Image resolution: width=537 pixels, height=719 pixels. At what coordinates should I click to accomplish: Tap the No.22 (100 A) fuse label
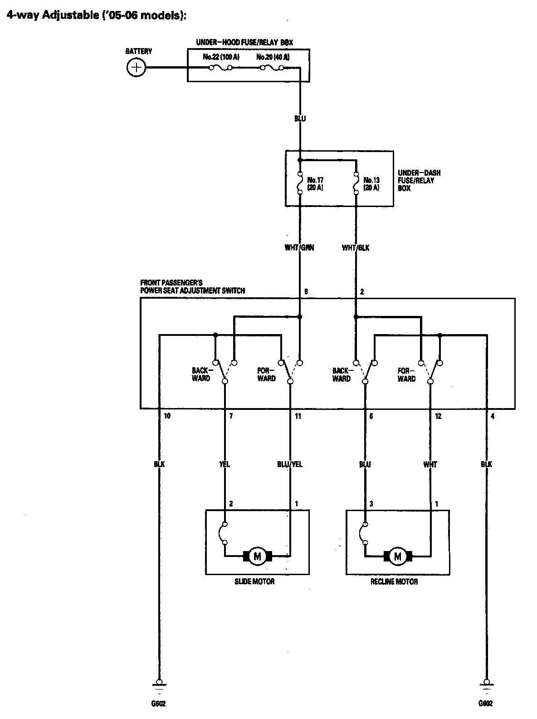[x=221, y=57]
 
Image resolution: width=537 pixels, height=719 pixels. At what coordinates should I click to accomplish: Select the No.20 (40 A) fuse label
[x=273, y=57]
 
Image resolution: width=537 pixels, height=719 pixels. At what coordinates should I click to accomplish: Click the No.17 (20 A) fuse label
[x=315, y=183]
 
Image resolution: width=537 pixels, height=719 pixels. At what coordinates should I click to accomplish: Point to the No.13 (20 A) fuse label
[x=371, y=183]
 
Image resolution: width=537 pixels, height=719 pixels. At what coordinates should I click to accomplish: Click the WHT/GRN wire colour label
[x=299, y=248]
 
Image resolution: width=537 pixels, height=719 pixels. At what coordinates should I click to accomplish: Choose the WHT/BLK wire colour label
[x=356, y=248]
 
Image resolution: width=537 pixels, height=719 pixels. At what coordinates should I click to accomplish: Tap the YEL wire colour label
[x=225, y=464]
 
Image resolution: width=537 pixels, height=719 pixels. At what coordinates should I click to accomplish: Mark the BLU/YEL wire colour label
[x=290, y=464]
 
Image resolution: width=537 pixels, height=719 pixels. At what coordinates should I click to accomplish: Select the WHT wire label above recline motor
[x=430, y=464]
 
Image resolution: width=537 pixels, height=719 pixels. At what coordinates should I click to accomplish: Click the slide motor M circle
[x=257, y=556]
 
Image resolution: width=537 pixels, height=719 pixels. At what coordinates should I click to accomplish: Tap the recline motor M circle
[x=398, y=556]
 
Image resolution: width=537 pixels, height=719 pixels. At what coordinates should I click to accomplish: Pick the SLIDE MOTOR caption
[x=254, y=581]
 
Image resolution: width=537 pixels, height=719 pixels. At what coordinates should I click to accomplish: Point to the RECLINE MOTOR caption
[x=394, y=581]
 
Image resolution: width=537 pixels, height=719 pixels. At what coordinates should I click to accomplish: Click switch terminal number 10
[x=167, y=416]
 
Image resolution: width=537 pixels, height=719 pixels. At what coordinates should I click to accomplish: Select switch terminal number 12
[x=438, y=416]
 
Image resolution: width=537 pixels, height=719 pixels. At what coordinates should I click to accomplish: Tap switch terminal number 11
[x=298, y=416]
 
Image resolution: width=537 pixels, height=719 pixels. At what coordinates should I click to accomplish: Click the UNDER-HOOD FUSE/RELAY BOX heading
[x=244, y=42]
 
